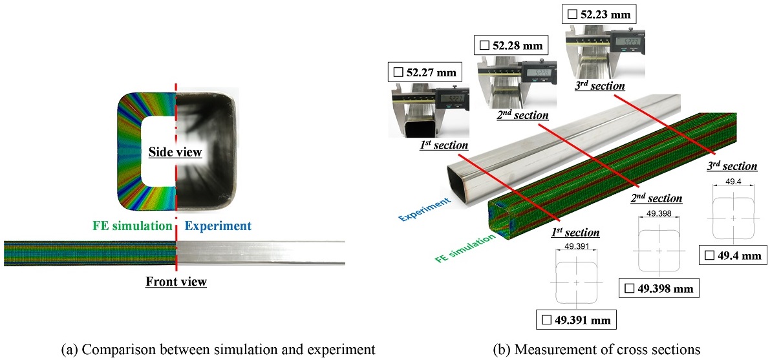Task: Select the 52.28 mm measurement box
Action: coord(511,45)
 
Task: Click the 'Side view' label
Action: coord(175,153)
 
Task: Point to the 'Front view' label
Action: coord(176,281)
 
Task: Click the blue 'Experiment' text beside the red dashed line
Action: coord(218,226)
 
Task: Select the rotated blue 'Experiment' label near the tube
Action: coord(424,210)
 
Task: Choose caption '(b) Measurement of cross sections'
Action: coord(597,350)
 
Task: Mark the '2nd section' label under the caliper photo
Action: coord(522,115)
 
